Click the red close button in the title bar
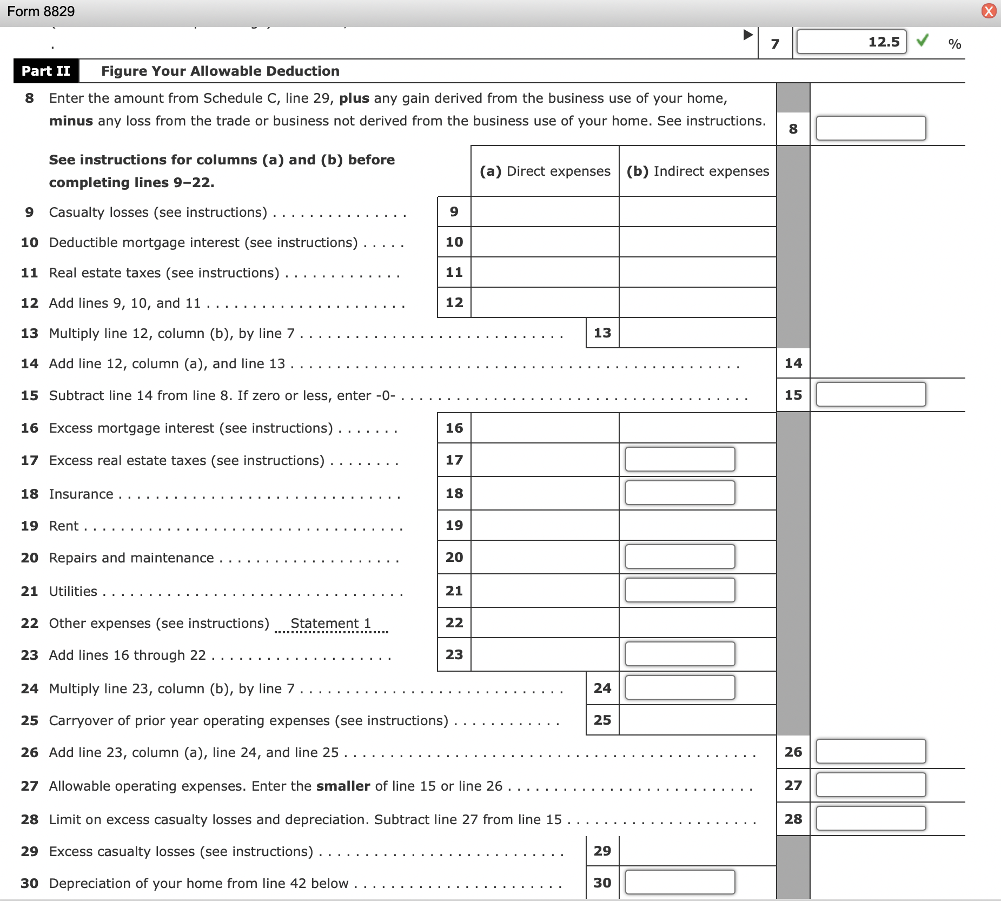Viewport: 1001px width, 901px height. pos(989,11)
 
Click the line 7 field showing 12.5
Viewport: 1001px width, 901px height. pos(851,42)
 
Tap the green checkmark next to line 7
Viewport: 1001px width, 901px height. pos(923,40)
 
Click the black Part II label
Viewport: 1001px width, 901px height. pos(46,71)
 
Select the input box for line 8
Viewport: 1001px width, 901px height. pos(871,128)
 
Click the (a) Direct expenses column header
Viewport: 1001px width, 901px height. pos(545,171)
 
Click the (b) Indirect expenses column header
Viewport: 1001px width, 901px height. pos(698,171)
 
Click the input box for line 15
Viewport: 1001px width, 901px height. pos(871,394)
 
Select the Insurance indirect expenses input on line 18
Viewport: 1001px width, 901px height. pos(680,493)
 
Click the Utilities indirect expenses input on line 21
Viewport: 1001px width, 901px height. pos(680,590)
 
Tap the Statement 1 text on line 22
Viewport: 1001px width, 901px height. pos(330,623)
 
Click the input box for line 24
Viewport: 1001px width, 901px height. pos(680,687)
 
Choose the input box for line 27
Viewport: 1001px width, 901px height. pos(871,785)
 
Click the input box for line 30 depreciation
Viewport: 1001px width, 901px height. pos(680,882)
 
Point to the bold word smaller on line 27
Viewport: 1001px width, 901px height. pos(343,786)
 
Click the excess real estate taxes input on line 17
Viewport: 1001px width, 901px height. pos(680,459)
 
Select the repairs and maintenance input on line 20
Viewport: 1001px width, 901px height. pos(680,556)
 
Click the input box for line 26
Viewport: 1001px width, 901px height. pos(871,751)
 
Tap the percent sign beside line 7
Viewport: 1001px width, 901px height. pos(954,44)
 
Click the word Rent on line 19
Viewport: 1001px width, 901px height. pos(64,526)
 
